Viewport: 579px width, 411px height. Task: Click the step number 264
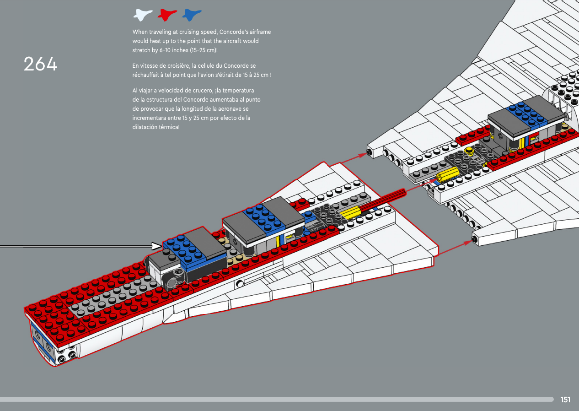[x=41, y=64]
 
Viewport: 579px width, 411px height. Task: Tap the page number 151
[x=565, y=400]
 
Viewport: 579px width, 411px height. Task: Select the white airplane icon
[x=143, y=15]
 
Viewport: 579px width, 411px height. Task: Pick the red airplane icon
[x=167, y=15]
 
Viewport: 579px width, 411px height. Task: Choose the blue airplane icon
[x=192, y=15]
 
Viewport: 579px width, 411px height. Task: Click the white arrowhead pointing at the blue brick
[x=157, y=247]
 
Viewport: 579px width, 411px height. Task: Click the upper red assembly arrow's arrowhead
[x=364, y=155]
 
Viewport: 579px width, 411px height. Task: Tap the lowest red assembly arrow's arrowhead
[x=467, y=241]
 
